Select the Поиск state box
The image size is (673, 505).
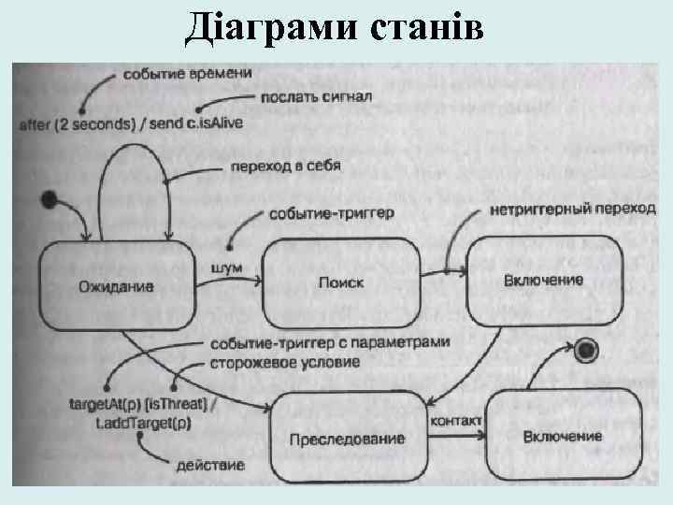(340, 282)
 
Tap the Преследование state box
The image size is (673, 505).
(347, 439)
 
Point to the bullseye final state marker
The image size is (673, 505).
(586, 351)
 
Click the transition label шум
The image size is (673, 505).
(227, 268)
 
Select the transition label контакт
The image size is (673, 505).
(455, 422)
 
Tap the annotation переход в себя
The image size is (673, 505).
(285, 166)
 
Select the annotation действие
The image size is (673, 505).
(210, 465)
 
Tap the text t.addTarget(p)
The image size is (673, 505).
(144, 422)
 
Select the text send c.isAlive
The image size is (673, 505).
(196, 125)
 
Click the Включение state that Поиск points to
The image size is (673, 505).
(543, 280)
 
